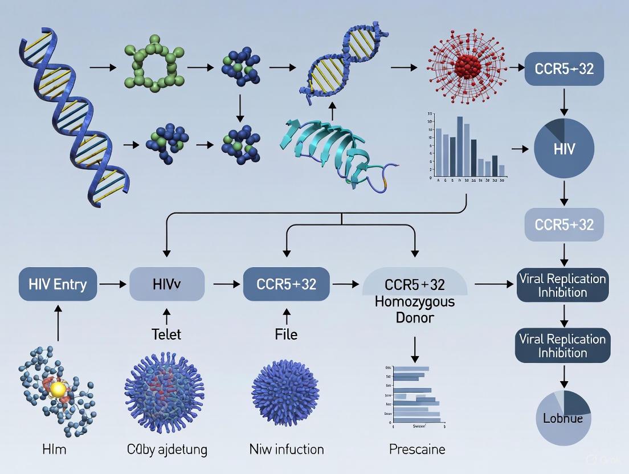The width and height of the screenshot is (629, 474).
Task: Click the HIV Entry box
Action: coord(58,283)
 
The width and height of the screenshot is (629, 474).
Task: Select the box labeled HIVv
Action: coord(167,283)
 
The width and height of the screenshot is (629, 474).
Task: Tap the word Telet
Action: coord(166,334)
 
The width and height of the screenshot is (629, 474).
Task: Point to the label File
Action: coord(286,334)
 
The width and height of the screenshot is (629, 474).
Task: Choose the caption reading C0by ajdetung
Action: coord(166,449)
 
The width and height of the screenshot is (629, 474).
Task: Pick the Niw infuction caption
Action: coord(286,449)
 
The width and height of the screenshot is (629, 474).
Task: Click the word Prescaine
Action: coord(417,449)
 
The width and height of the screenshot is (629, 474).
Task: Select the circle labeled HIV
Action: coord(564,149)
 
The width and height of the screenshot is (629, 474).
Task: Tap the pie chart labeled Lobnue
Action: coord(563,418)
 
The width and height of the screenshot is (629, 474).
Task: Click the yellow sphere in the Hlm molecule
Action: coord(58,389)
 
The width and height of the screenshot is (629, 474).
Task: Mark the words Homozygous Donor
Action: coord(415,309)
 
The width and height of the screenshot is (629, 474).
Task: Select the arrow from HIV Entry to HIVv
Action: coord(113,283)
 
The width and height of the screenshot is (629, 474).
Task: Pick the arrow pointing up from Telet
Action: coord(166,316)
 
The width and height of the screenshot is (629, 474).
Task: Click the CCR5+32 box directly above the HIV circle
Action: coord(563,69)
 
